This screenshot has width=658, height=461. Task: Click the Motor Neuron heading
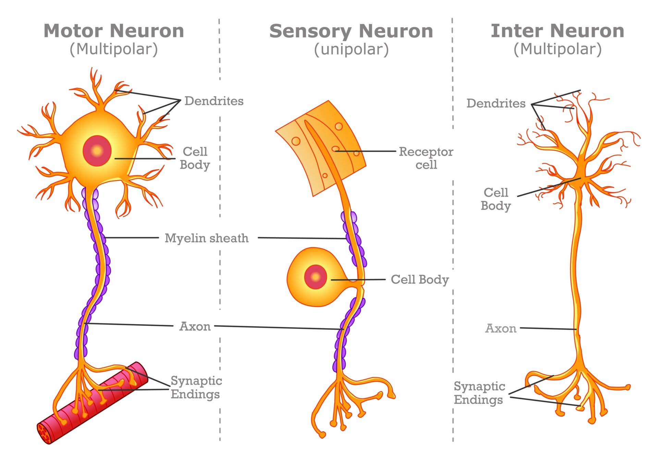click(x=114, y=31)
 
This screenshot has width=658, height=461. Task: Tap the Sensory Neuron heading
click(x=351, y=31)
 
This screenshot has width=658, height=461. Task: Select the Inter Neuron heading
click(x=557, y=31)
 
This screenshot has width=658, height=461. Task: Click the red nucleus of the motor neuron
click(x=97, y=151)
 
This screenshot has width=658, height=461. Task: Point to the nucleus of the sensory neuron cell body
click(x=316, y=277)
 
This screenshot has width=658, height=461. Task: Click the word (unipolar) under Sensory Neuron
click(x=351, y=49)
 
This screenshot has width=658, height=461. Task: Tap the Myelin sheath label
click(x=207, y=238)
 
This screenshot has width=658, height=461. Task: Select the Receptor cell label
click(x=426, y=158)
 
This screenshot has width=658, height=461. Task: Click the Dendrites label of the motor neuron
click(x=214, y=101)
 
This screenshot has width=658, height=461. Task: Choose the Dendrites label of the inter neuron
click(x=496, y=103)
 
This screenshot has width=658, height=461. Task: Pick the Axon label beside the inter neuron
click(x=501, y=329)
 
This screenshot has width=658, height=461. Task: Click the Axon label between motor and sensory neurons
click(x=195, y=327)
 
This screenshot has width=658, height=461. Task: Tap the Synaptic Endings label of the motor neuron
click(x=196, y=387)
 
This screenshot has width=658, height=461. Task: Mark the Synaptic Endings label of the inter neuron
click(x=479, y=393)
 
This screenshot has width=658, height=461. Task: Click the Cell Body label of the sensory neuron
click(x=420, y=280)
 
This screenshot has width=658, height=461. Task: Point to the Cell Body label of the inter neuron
click(x=496, y=199)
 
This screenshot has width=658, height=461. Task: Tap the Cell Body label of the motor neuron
click(x=195, y=158)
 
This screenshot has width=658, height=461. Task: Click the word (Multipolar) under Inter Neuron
click(x=557, y=49)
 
